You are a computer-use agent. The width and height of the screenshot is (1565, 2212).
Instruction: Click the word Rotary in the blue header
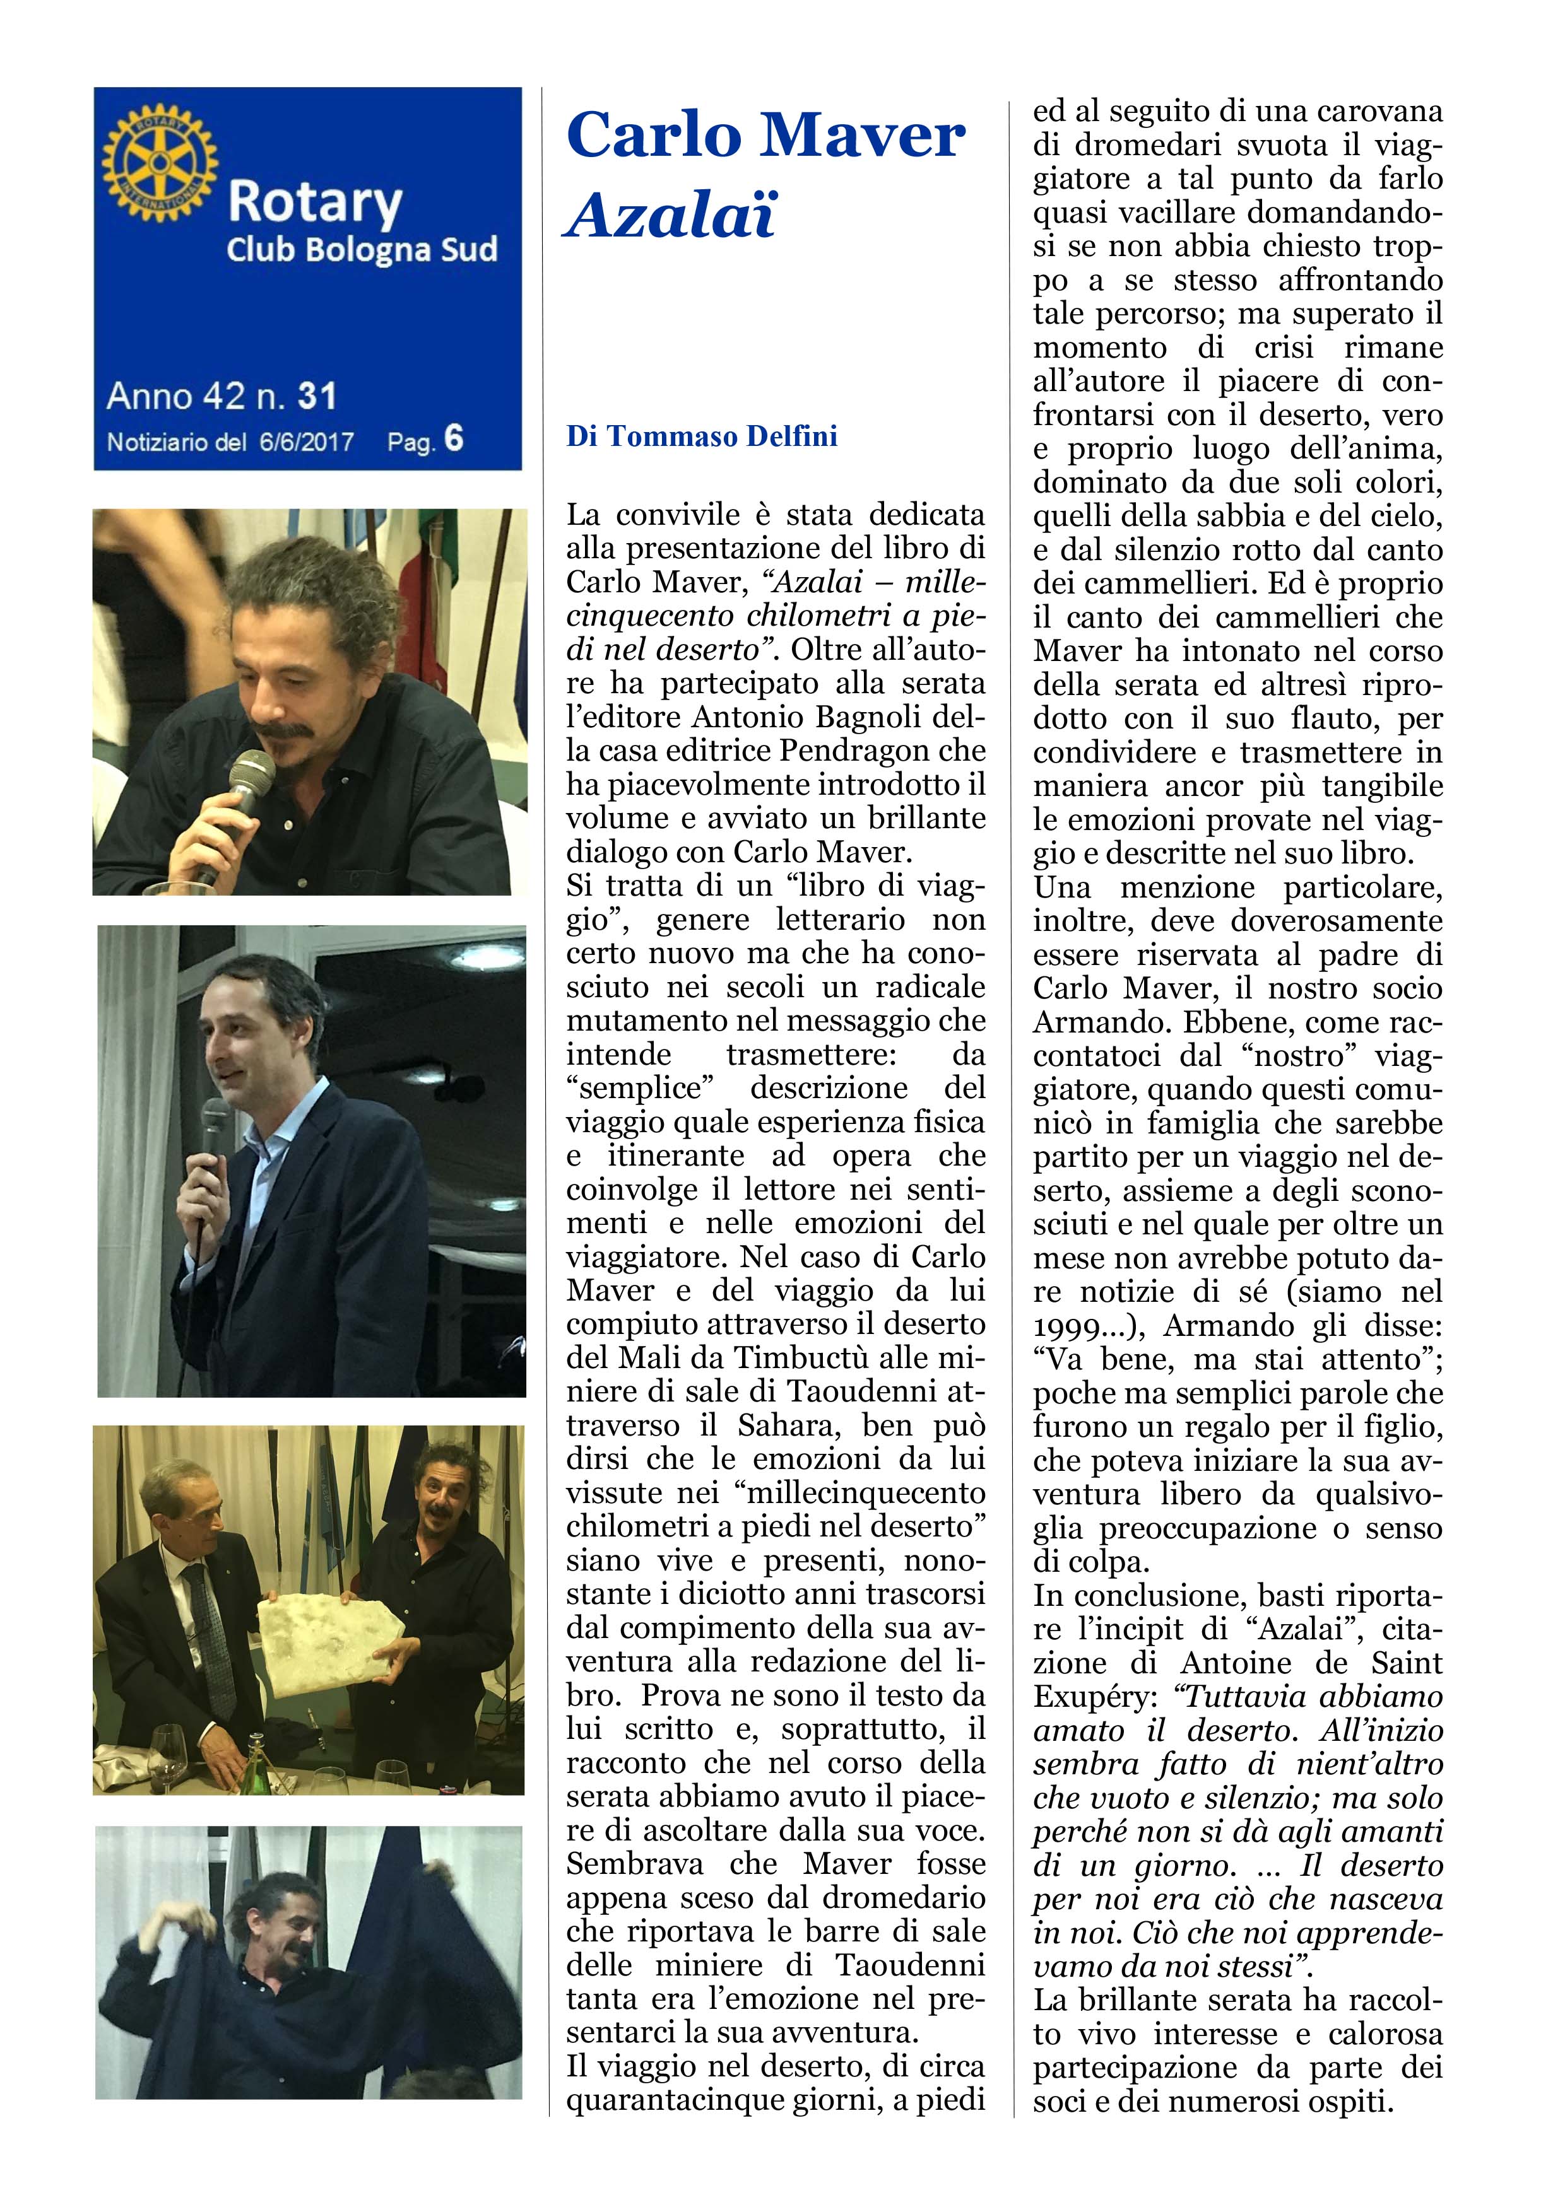click(x=314, y=203)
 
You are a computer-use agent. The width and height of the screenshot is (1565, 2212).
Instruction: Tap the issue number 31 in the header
click(x=317, y=396)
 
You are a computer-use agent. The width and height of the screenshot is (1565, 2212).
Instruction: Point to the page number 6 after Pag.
click(x=454, y=440)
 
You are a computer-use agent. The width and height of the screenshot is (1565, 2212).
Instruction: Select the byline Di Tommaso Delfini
click(x=702, y=436)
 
